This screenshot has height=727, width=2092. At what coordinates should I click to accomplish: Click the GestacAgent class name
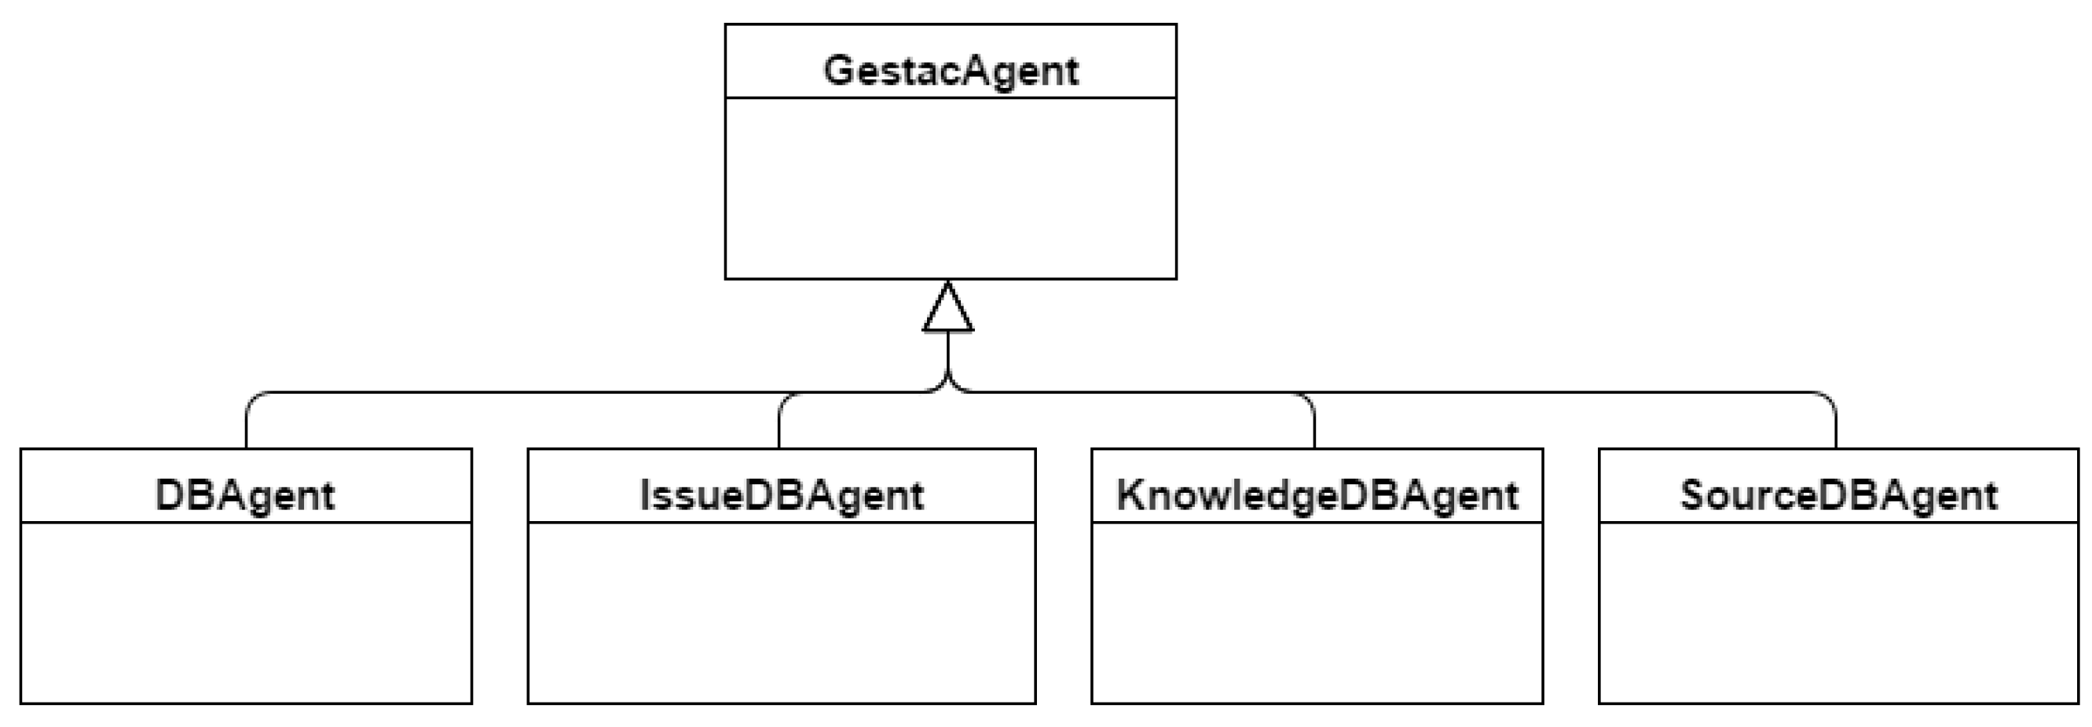(x=951, y=71)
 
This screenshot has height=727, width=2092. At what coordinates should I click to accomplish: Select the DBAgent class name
(x=244, y=494)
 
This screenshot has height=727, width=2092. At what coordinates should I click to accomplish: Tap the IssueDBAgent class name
(x=781, y=494)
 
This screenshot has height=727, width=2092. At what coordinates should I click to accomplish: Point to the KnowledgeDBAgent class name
(x=1317, y=494)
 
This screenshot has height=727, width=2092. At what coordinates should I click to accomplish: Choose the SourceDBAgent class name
(x=1837, y=494)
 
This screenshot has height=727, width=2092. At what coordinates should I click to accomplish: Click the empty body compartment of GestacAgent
(x=951, y=189)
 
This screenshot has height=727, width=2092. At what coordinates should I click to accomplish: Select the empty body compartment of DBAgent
(x=246, y=612)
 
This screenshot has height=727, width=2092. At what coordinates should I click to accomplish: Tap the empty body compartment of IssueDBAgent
(x=781, y=612)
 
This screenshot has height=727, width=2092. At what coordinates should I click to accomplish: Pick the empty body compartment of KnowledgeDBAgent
(x=1317, y=612)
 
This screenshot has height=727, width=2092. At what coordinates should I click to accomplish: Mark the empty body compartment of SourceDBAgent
(x=1837, y=612)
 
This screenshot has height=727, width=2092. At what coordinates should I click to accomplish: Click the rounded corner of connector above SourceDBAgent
(x=1830, y=398)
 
